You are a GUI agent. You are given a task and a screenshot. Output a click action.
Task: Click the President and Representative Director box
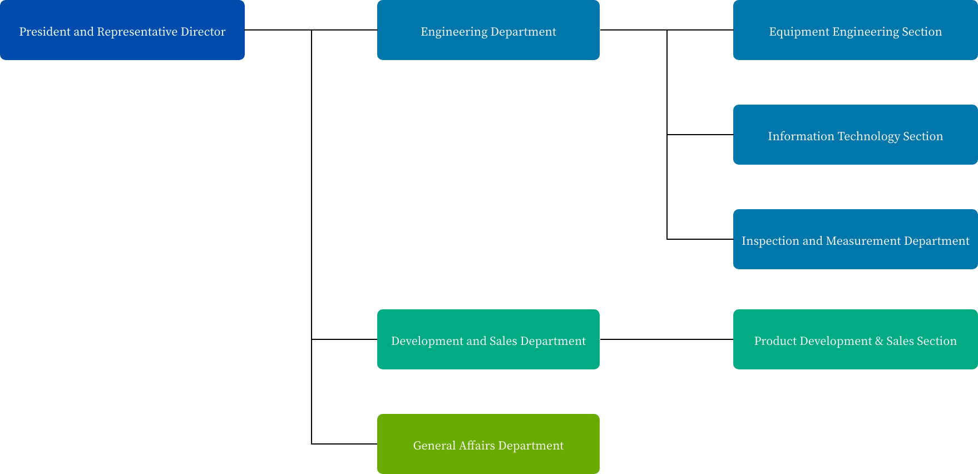pyautogui.click(x=122, y=30)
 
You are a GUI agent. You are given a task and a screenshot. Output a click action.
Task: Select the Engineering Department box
pyautogui.click(x=488, y=30)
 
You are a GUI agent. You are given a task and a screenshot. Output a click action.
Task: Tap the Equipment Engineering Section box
pyautogui.click(x=856, y=30)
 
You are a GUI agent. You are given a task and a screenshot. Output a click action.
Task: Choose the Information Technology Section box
pyautogui.click(x=856, y=135)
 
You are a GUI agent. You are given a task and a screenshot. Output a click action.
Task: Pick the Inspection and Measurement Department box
pyautogui.click(x=856, y=239)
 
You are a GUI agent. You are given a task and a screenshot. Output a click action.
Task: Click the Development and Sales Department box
pyautogui.click(x=488, y=339)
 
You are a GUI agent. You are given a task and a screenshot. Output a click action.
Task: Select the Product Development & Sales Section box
pyautogui.click(x=856, y=339)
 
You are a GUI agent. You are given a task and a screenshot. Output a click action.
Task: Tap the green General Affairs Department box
pyautogui.click(x=488, y=444)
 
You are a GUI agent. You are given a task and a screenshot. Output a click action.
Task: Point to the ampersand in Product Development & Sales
pyautogui.click(x=879, y=341)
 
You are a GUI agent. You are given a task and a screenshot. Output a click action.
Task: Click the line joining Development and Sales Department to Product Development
pyautogui.click(x=666, y=339)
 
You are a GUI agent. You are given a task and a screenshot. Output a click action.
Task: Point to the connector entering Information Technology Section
pyautogui.click(x=700, y=135)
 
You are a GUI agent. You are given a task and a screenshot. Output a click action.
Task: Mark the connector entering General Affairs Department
pyautogui.click(x=344, y=444)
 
